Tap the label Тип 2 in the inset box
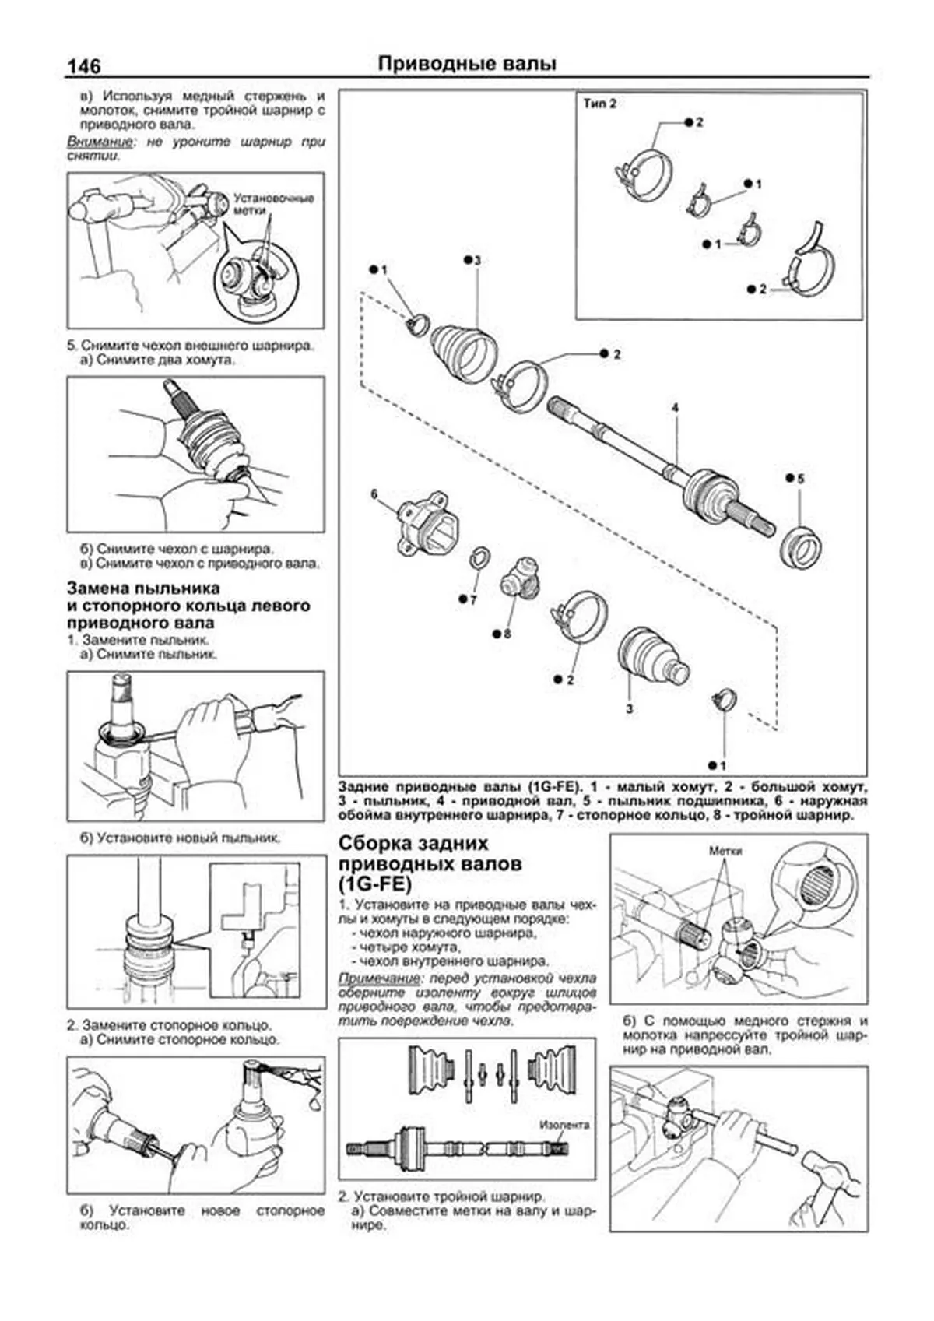tap(600, 103)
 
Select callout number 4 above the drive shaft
tap(676, 408)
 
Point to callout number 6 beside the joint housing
tap(374, 494)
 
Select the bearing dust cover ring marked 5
tap(801, 546)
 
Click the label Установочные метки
tap(274, 204)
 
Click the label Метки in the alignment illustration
tap(725, 850)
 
